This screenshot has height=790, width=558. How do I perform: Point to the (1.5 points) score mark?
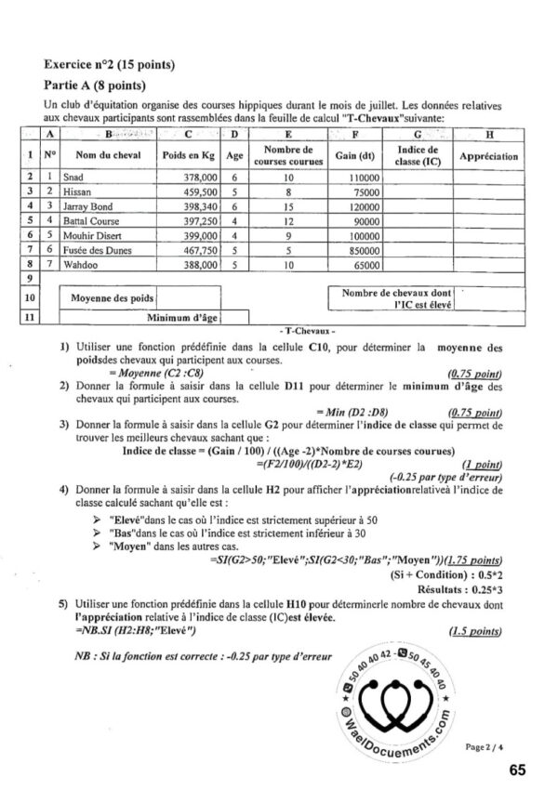pos(473,631)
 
